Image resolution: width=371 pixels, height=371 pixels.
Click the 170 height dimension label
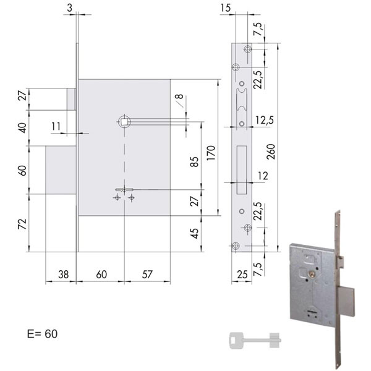211,153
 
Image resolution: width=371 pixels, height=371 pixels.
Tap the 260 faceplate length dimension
271,151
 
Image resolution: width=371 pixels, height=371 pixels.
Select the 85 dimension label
195,162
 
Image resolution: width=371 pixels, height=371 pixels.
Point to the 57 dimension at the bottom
147,275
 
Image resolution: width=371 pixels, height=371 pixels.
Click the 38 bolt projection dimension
64,275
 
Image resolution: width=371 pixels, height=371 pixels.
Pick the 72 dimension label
22,224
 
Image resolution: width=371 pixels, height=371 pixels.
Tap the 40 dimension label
22,128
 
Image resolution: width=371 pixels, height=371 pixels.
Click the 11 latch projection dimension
56,126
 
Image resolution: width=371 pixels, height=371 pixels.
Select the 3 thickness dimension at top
69,8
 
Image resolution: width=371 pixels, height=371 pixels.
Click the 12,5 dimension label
265,120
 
